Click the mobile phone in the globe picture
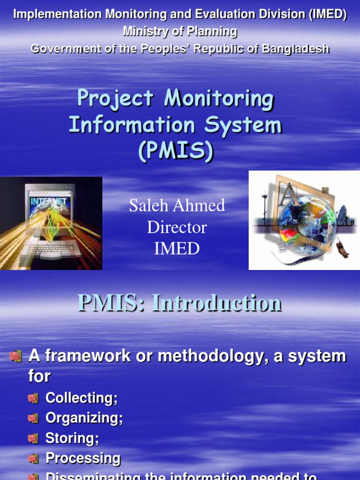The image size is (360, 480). (x=343, y=248)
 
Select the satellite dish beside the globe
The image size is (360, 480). (x=342, y=215)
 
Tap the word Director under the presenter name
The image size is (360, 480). (x=177, y=227)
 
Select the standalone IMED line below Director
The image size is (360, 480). (x=177, y=249)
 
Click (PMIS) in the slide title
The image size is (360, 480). (x=176, y=151)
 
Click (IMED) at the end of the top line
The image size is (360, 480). (x=328, y=15)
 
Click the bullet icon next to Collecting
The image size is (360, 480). (x=33, y=398)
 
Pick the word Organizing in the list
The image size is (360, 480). (x=84, y=418)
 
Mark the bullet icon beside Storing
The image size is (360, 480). (x=33, y=439)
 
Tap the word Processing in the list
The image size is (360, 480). (x=82, y=458)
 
